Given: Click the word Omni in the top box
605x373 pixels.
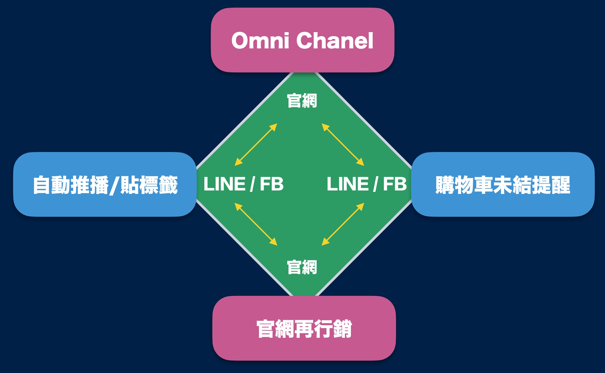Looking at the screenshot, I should tap(260, 41).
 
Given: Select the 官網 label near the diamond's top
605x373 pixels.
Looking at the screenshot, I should tap(302, 101).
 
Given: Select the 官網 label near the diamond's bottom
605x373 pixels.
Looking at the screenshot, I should tap(302, 267).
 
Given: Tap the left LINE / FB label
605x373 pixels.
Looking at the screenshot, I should tap(244, 184).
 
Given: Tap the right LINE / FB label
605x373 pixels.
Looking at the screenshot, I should tap(367, 184).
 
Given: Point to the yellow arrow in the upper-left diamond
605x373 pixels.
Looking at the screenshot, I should tap(256, 145).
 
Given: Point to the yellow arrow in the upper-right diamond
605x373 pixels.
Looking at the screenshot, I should tap(343, 145).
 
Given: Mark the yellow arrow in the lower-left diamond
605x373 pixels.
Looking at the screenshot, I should tap(256, 224).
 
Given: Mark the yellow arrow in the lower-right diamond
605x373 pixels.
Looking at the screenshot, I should tap(343, 224).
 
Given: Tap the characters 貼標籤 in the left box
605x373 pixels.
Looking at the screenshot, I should tap(149, 185).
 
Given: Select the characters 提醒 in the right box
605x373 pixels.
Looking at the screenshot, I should tap(551, 185).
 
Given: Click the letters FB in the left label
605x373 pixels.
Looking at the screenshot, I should tap(272, 184).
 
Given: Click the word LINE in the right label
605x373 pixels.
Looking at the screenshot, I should tap(348, 184).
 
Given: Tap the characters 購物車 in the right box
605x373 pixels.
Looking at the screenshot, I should tap(464, 185).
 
